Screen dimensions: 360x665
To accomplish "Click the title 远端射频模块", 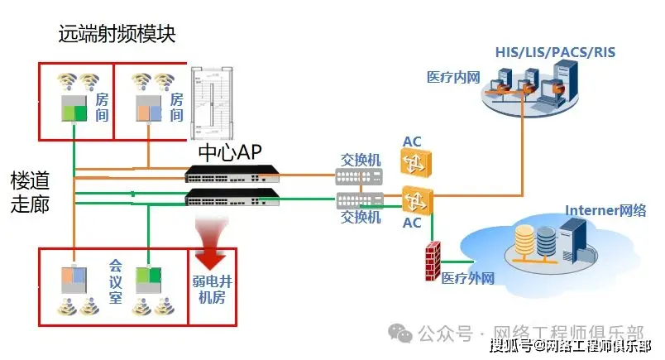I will (x=117, y=34).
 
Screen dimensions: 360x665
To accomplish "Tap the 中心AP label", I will (x=230, y=152).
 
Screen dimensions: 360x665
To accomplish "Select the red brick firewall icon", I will (x=432, y=264).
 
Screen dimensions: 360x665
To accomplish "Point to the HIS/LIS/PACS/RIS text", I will (x=555, y=53).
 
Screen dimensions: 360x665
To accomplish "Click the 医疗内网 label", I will (x=453, y=77).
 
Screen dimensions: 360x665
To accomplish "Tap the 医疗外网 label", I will (x=467, y=279).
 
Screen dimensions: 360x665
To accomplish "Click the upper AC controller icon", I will (x=412, y=163).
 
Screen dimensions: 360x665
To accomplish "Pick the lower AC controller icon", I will (x=412, y=199).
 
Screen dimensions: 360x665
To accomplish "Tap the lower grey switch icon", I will (x=359, y=199).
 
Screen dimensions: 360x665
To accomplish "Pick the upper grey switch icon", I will (x=359, y=175).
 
